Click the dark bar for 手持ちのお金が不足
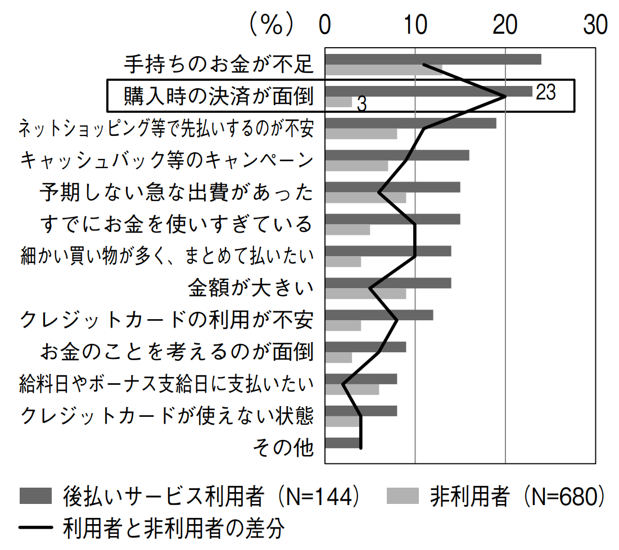(433, 59)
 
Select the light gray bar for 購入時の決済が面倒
(338, 102)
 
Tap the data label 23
(545, 93)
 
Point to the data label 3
(362, 104)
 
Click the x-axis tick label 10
(415, 26)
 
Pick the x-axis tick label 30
(595, 26)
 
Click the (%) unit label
(272, 26)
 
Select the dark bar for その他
(343, 443)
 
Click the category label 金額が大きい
(251, 289)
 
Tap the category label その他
(283, 448)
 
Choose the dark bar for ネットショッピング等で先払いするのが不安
(410, 123)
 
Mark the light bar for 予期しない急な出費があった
(365, 198)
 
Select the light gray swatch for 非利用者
(404, 496)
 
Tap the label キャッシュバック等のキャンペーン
(166, 161)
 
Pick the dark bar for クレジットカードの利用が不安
(379, 315)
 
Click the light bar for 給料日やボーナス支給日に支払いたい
(352, 389)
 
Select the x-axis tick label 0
(325, 26)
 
